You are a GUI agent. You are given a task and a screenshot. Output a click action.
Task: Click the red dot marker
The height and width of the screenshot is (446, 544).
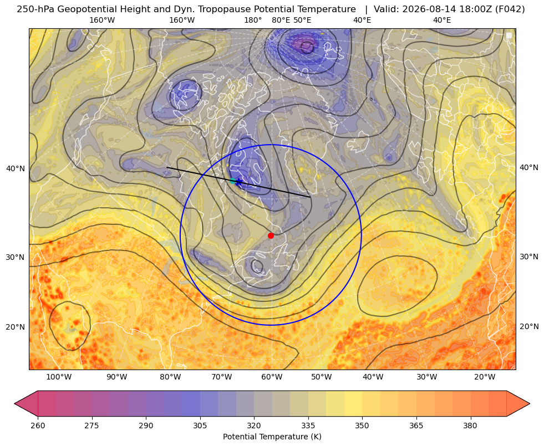pos(271,235)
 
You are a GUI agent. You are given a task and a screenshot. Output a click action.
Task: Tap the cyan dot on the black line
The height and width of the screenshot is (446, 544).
pos(232,181)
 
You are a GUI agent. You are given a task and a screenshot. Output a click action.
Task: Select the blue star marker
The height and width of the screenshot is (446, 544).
pos(238,182)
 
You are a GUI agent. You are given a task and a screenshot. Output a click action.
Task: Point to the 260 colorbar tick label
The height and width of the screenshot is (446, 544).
pos(38,426)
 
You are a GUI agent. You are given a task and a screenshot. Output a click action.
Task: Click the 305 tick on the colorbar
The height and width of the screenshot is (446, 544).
pos(200,426)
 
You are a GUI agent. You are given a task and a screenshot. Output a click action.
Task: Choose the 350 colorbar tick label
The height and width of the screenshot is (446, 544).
pos(362,426)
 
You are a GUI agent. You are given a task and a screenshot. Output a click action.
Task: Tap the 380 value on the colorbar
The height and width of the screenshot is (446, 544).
pos(470,426)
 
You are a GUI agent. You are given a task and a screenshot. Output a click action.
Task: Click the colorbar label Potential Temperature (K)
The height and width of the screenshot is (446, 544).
pos(272,437)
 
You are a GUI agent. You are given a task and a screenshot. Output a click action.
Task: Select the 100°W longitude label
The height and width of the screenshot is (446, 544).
pos(59,377)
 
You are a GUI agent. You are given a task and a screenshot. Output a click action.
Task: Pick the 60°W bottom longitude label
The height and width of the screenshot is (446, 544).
pos(272,377)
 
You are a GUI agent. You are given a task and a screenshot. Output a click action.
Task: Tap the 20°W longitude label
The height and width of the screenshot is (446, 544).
pos(485,377)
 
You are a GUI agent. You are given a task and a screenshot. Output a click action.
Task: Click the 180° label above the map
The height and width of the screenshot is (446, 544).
pos(253,20)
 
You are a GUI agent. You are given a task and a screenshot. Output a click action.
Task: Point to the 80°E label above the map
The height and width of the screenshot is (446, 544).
pos(281,20)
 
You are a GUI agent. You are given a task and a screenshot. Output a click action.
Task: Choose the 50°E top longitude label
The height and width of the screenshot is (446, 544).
pos(302,20)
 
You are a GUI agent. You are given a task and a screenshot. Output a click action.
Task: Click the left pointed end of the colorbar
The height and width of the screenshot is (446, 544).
pos(14,403)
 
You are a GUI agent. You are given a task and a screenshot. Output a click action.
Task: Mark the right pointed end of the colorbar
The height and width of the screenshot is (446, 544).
pos(530,403)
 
